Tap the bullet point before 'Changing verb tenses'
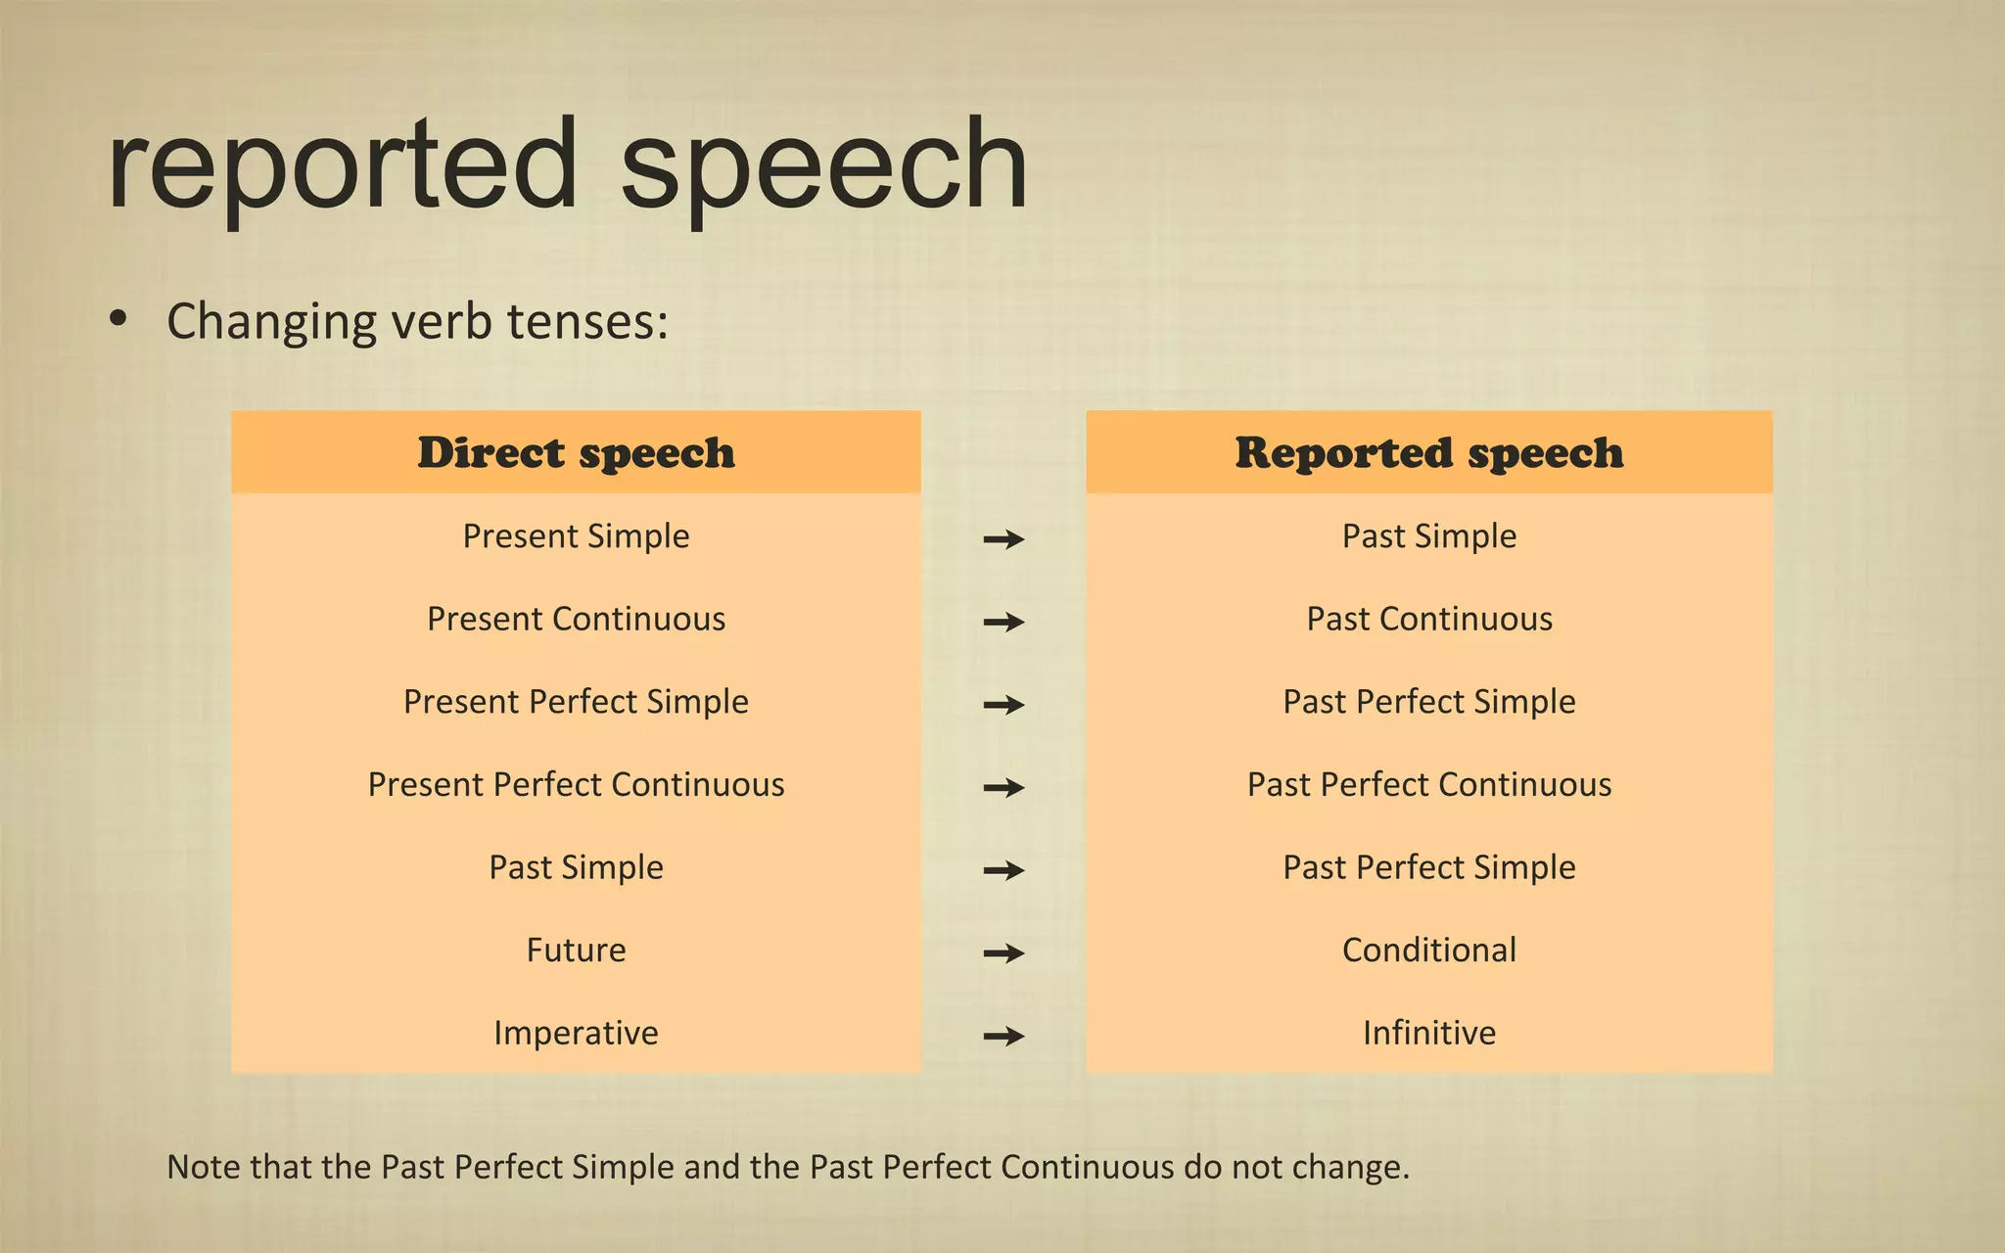click(118, 319)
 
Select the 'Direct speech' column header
click(576, 452)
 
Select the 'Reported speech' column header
click(1428, 452)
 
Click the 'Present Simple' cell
click(576, 536)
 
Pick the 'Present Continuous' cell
click(576, 619)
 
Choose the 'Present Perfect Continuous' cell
click(576, 784)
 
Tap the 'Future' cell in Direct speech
click(576, 950)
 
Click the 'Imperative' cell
click(576, 1033)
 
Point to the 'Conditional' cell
click(1428, 950)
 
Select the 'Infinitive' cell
click(1428, 1033)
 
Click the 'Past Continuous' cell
click(1428, 619)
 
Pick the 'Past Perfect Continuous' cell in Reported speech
click(1428, 784)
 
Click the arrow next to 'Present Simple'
click(1003, 538)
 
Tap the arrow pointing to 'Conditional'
click(1003, 952)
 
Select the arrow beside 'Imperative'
click(1003, 1036)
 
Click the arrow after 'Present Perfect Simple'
click(1003, 704)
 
